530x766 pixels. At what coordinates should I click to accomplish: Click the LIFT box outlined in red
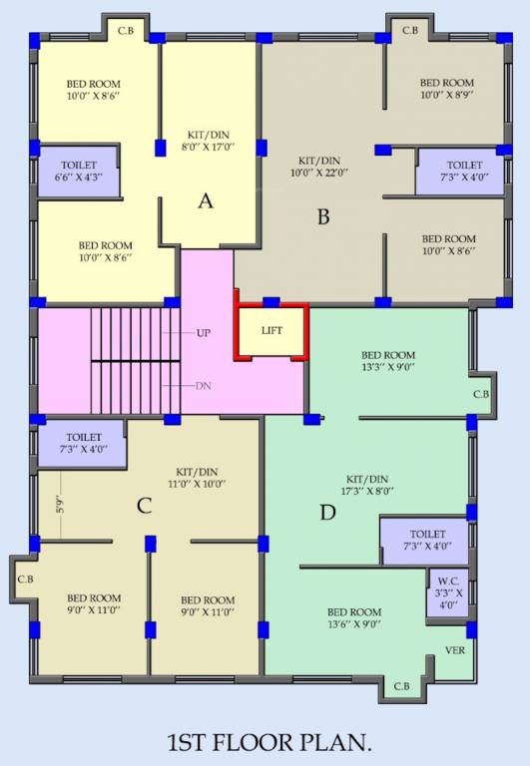271,330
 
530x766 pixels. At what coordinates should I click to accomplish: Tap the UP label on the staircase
204,332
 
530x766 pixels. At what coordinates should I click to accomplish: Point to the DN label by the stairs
204,385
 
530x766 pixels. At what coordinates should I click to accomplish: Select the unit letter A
206,200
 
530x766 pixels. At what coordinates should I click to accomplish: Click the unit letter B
322,215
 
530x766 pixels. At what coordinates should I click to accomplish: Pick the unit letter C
144,506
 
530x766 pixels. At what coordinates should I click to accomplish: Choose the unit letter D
326,514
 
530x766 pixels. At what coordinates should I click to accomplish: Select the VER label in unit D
455,650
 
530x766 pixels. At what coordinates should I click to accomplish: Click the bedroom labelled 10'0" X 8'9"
446,90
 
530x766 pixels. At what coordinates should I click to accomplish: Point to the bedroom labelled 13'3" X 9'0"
388,361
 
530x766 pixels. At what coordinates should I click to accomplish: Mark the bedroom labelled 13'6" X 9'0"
354,618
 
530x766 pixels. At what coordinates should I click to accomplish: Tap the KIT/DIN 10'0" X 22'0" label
320,166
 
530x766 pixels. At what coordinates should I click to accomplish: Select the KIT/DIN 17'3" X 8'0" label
368,485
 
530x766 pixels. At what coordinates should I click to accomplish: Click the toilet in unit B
463,171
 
